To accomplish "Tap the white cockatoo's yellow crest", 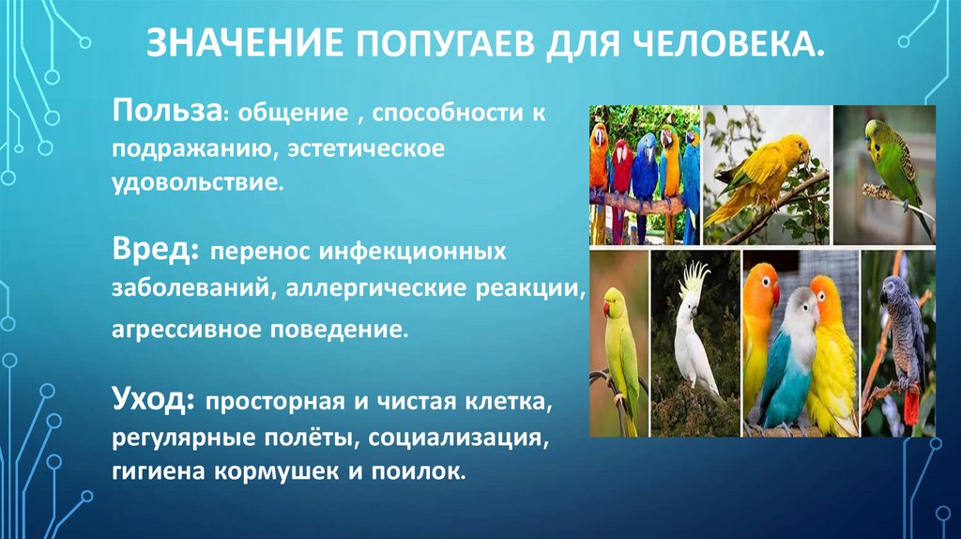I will tap(694, 279).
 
